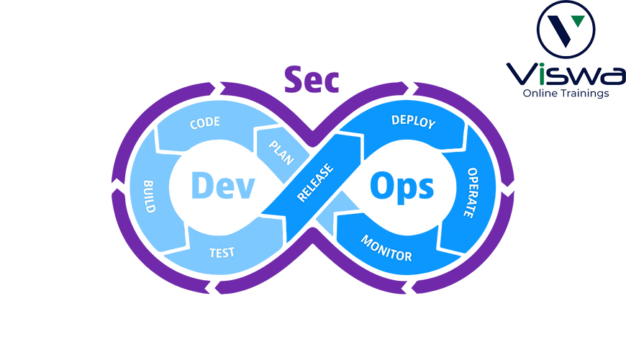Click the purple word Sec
click(312, 80)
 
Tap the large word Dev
click(223, 185)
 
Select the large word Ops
click(402, 187)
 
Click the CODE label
click(205, 122)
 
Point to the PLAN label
click(281, 152)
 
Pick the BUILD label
click(149, 196)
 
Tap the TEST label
click(222, 253)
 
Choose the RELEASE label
click(315, 182)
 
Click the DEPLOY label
click(413, 122)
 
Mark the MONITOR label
click(386, 248)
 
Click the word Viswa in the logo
click(566, 75)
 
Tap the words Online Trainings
click(566, 94)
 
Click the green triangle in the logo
click(578, 20)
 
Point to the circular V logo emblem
click(566, 30)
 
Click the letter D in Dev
click(201, 185)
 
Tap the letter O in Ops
click(382, 185)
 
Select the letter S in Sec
click(293, 79)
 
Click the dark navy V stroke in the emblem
click(560, 31)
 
